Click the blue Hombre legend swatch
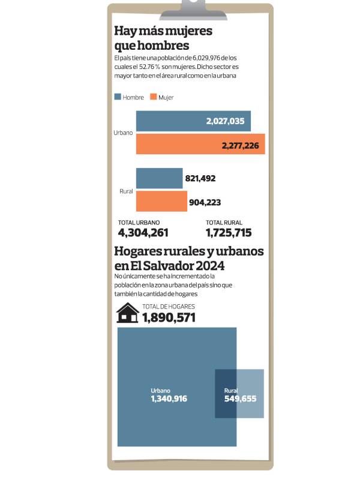tap(118, 97)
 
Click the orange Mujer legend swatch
tap(153, 97)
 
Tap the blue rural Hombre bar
tap(159, 178)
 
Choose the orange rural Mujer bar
tap(161, 202)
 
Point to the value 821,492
tap(200, 179)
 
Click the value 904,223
tap(205, 203)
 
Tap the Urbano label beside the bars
tap(124, 132)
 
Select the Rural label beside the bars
tap(126, 191)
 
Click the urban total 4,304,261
tap(143, 233)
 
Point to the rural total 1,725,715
tap(228, 233)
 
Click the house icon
tap(127, 313)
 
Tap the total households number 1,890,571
tap(169, 317)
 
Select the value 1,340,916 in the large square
tap(169, 399)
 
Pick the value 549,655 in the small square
tap(240, 398)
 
